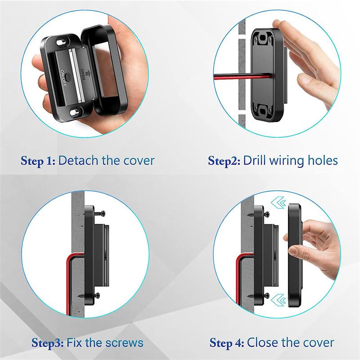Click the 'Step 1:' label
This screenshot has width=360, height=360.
[38, 161]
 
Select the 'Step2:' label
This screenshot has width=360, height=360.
[223, 161]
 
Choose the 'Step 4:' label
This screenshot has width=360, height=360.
[227, 343]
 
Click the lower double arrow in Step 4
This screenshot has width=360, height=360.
[276, 298]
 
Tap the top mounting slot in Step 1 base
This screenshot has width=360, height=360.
[61, 42]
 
